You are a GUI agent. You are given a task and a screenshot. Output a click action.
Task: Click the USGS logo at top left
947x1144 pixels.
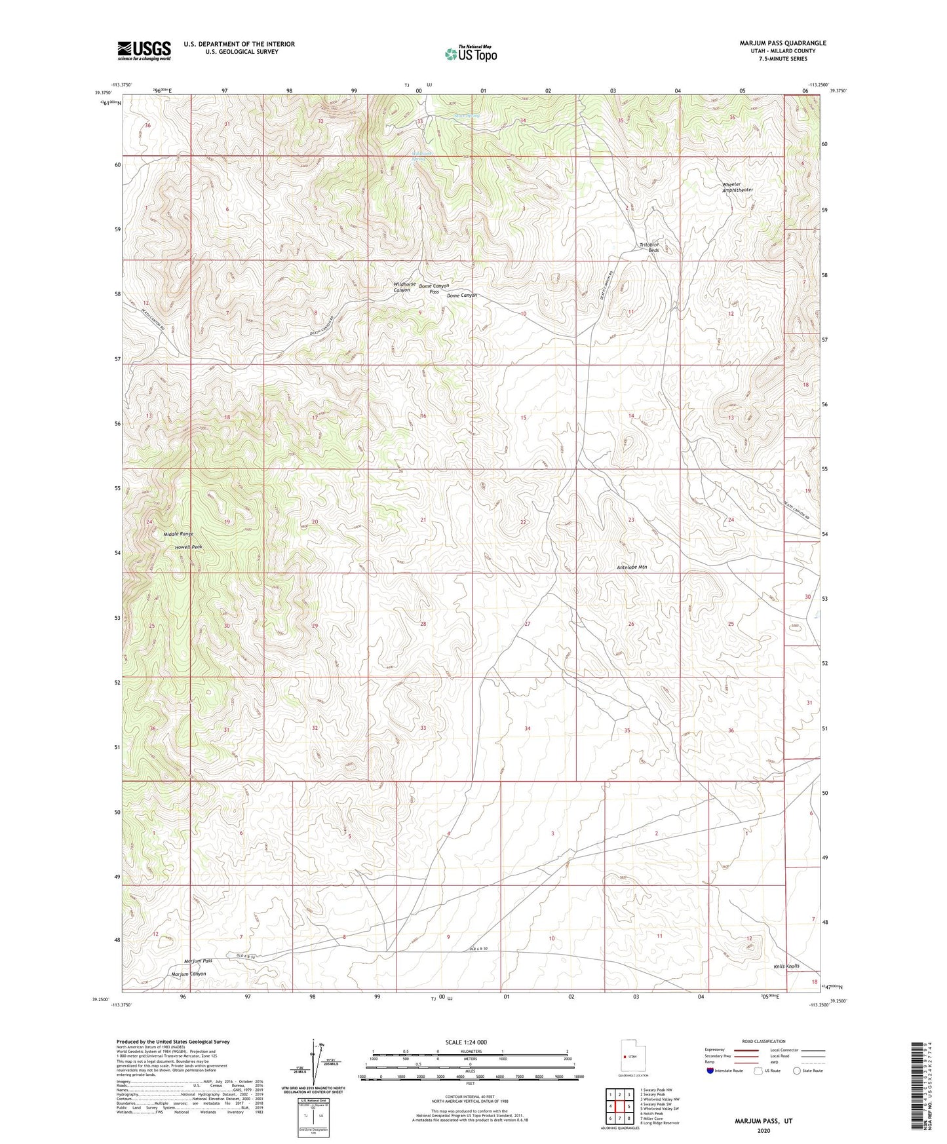[x=144, y=50]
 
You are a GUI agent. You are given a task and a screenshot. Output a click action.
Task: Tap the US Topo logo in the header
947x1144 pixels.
[x=471, y=54]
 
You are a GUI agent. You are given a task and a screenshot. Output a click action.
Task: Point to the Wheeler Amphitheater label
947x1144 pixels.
[x=737, y=187]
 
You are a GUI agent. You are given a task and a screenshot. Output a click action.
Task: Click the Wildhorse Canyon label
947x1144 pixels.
[x=404, y=287]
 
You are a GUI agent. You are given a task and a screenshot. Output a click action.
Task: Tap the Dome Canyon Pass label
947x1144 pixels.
[x=434, y=288]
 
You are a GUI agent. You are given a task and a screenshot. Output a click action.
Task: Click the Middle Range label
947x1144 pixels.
[x=178, y=534]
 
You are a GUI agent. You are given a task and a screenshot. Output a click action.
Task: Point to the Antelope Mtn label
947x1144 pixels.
[x=632, y=567]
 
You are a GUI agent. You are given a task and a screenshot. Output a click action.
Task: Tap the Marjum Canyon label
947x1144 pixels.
[x=188, y=974]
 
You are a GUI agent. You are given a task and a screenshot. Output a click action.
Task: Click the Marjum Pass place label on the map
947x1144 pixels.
[x=198, y=961]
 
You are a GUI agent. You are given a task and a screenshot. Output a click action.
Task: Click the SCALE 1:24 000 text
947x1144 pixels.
[x=466, y=1042]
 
